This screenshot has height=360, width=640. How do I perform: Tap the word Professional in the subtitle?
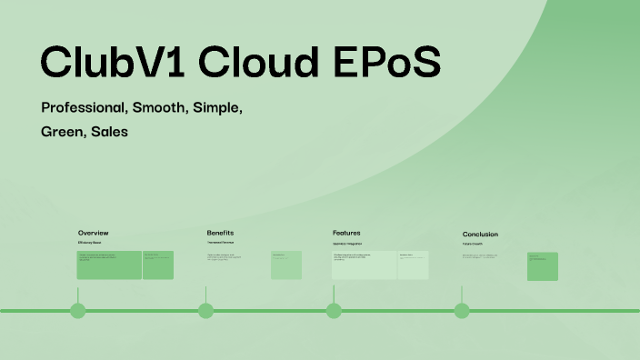click(x=84, y=107)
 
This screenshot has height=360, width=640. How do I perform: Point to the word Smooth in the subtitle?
click(x=160, y=107)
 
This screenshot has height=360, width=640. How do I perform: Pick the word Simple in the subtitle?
click(x=218, y=107)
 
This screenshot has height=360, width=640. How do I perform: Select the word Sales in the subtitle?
click(x=109, y=132)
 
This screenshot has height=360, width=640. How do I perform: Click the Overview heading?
click(x=94, y=233)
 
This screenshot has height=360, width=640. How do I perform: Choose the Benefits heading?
click(x=220, y=233)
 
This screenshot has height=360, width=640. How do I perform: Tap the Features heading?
click(x=346, y=233)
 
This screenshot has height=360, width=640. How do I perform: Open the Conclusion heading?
click(x=480, y=234)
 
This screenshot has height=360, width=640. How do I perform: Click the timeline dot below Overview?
click(x=78, y=311)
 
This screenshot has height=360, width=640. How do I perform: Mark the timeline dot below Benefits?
click(x=205, y=311)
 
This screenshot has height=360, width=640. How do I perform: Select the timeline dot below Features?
click(x=334, y=311)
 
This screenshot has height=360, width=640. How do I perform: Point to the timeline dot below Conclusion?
click(x=462, y=311)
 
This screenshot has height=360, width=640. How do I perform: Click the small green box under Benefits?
click(x=285, y=265)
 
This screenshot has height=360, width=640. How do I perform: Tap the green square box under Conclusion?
click(x=543, y=266)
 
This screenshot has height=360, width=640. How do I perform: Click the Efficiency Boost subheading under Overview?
click(x=89, y=243)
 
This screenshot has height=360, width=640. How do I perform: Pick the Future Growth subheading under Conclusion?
click(x=473, y=244)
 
